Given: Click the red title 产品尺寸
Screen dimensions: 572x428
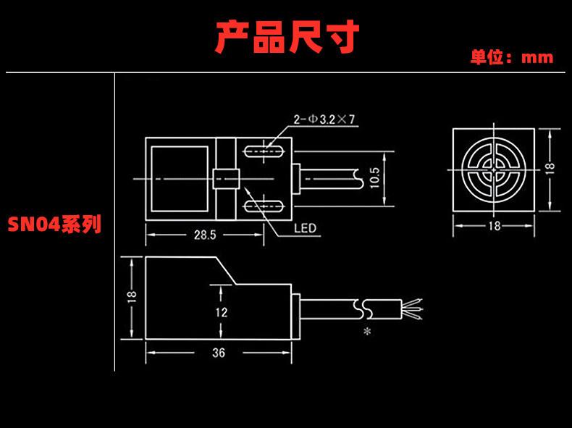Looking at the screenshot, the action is click(287, 35).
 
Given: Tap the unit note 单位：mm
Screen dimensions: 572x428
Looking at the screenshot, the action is click(511, 57).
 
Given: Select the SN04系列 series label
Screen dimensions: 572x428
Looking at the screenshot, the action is click(54, 224).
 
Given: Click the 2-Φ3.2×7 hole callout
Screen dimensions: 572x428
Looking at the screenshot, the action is click(324, 120).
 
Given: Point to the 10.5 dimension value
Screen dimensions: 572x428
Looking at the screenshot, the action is click(374, 177).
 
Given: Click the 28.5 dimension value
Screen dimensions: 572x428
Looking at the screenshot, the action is click(204, 235).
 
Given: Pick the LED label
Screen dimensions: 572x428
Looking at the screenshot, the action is click(306, 228).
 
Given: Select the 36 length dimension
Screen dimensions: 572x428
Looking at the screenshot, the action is click(219, 353).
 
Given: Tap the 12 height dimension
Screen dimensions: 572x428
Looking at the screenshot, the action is click(222, 312).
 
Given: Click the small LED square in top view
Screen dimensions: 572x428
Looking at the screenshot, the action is click(226, 178).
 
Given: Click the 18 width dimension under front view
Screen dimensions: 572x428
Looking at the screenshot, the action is click(494, 226).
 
